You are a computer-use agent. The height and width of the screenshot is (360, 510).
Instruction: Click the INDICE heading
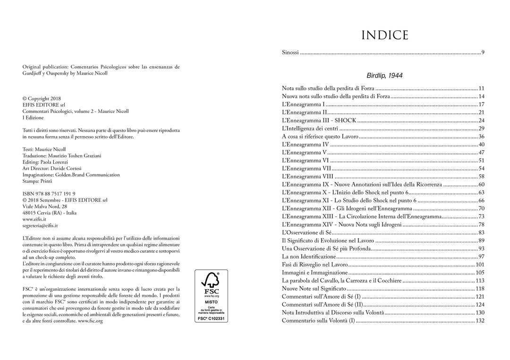tap(384, 35)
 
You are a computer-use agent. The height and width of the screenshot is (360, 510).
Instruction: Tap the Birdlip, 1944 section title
tap(384, 76)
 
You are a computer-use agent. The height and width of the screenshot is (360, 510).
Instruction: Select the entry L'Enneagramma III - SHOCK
tap(319, 120)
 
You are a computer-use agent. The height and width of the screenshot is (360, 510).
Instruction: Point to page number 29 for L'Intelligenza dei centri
tap(481, 129)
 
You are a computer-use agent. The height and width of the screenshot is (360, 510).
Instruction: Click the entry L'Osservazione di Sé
tap(307, 232)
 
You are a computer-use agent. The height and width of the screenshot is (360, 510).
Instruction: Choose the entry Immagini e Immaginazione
tap(314, 273)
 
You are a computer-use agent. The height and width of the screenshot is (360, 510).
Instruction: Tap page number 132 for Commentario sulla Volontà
tap(480, 321)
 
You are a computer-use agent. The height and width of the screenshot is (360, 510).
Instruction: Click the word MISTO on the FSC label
tap(211, 301)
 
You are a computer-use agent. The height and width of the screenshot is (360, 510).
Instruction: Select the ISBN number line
tap(49, 194)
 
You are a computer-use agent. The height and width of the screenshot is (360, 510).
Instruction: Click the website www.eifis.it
tap(34, 219)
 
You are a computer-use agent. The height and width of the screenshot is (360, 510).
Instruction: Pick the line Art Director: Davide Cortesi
tap(52, 168)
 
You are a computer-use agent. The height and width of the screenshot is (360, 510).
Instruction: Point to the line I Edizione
tap(33, 118)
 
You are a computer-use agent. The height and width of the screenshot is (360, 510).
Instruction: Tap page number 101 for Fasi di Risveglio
tap(480, 265)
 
